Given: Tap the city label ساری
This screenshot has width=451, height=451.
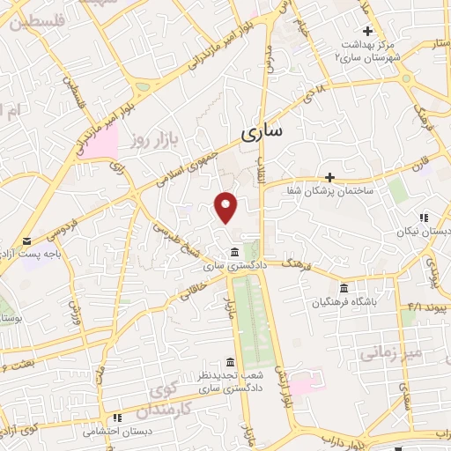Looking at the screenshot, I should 262,132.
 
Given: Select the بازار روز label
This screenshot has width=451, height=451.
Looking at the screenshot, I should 151,141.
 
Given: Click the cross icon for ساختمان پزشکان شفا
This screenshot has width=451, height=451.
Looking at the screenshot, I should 330,177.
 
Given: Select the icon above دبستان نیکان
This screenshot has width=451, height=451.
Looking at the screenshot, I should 424,217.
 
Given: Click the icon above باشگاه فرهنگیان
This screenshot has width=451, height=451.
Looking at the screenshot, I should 344,288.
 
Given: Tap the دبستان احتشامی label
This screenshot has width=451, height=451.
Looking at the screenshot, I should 117,432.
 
